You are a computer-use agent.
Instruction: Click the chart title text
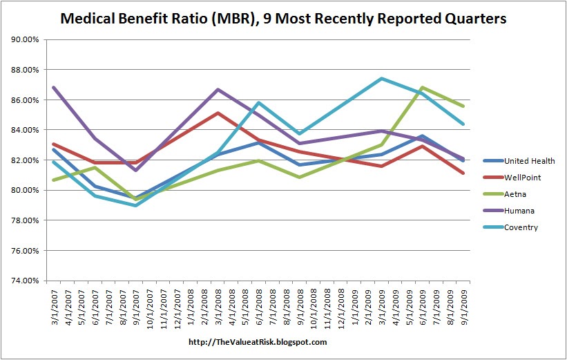pyautogui.click(x=283, y=18)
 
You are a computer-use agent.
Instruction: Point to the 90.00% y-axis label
pyautogui.click(x=26, y=39)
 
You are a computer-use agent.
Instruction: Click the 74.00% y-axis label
pyautogui.click(x=26, y=281)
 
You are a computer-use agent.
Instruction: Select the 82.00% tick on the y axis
pyautogui.click(x=26, y=160)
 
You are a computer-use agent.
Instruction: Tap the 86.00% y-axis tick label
pyautogui.click(x=26, y=100)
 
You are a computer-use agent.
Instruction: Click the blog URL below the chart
pyautogui.click(x=257, y=342)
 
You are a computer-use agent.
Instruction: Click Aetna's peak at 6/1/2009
pyautogui.click(x=421, y=88)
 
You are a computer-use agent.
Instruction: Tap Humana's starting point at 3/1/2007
pyautogui.click(x=53, y=87)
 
